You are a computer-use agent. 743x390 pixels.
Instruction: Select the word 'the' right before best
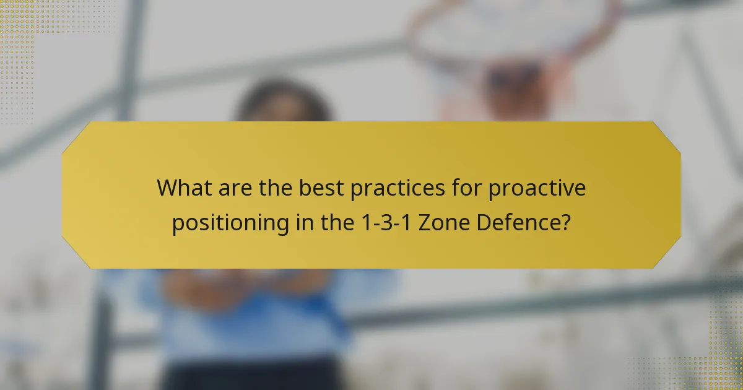pyautogui.click(x=273, y=188)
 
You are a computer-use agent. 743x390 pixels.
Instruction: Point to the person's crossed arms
pyautogui.click(x=248, y=288)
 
